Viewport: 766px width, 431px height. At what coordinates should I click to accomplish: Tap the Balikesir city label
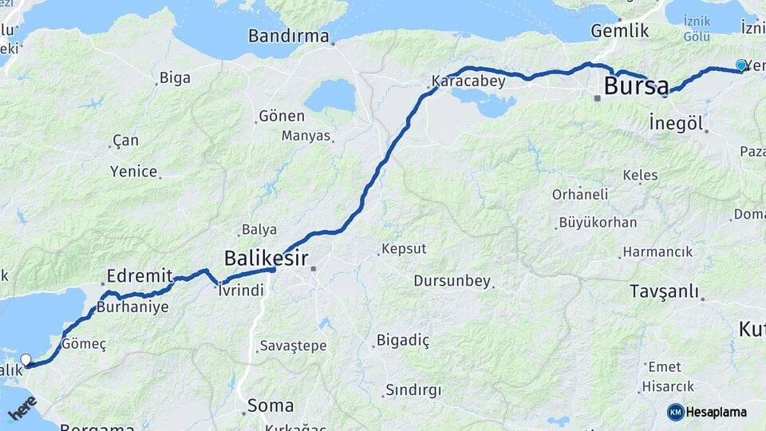pos(263,258)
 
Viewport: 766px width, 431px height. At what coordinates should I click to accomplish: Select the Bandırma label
pos(288,36)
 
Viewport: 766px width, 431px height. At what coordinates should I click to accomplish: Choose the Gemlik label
pos(619,30)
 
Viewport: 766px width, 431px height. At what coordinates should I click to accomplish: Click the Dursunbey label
pos(452,281)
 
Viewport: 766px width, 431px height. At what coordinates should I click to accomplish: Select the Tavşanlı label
pos(664,291)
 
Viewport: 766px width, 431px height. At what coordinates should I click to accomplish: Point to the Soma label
pos(270,405)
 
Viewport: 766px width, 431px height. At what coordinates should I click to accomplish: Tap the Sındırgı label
pos(413,390)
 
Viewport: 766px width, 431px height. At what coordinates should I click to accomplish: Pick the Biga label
pos(175,77)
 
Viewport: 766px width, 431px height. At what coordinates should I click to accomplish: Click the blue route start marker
pos(741,65)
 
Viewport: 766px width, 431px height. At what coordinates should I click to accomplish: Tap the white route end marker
pos(26,360)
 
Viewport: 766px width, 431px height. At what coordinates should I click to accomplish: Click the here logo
pos(22,408)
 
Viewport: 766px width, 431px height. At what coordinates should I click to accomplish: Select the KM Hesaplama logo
pos(707,412)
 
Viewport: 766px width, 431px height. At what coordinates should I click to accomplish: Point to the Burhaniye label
pos(132,307)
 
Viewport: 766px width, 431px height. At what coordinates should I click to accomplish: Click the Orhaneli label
pos(580,194)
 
